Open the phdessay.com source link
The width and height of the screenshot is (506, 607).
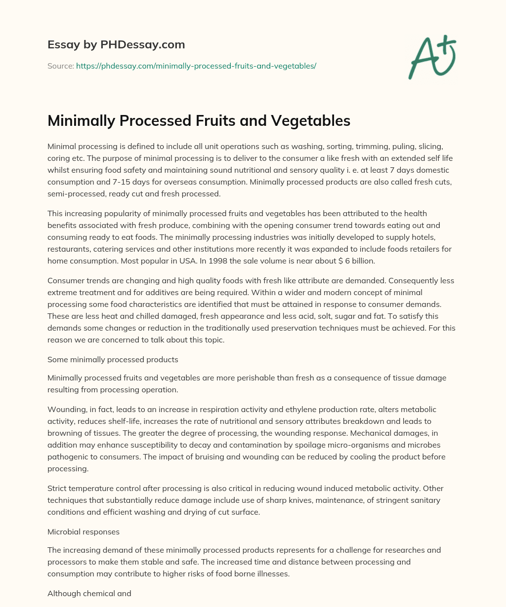pos(196,66)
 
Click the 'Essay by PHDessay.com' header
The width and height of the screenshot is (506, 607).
pos(116,44)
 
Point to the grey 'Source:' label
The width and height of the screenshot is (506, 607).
pos(60,66)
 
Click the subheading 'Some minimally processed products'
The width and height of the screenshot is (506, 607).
pos(113,360)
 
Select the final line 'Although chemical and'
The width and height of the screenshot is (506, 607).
pos(89,594)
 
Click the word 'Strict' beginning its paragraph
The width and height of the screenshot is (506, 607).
pos(58,489)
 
